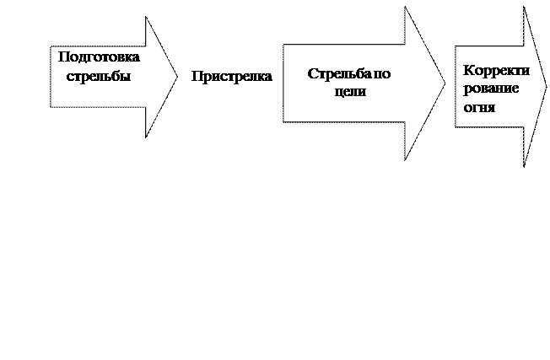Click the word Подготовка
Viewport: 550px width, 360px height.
98,56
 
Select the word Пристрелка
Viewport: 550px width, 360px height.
232,77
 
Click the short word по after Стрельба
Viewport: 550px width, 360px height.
381,74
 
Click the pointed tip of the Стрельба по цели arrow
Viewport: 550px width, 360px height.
444,83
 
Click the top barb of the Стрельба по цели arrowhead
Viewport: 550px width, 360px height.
406,10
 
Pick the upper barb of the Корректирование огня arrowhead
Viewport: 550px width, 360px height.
525,11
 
